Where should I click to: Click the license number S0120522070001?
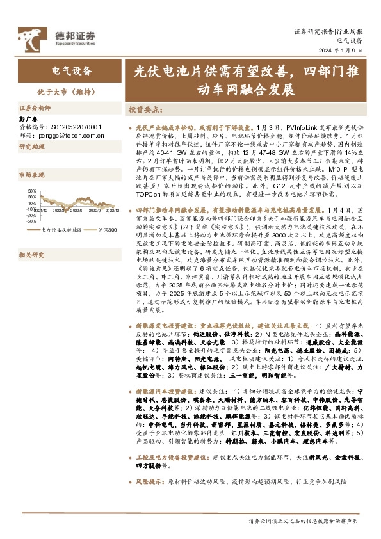tap(60, 127)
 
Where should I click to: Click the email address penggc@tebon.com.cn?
tap(64, 136)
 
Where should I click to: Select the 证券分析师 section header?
tap(35, 109)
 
